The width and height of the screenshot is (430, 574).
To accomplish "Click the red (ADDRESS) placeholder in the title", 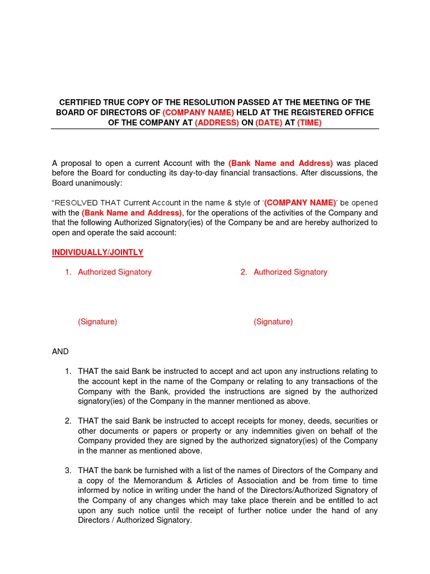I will click(217, 123).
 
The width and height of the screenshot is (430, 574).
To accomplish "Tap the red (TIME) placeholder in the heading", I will click(309, 123).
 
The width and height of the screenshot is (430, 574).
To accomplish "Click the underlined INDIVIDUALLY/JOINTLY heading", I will click(97, 253).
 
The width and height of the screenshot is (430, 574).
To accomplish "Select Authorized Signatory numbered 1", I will click(114, 272).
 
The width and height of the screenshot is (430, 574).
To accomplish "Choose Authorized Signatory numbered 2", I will click(290, 272).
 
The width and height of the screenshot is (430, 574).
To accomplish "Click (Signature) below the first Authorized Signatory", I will click(97, 322).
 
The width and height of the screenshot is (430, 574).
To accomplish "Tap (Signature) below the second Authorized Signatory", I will click(273, 322).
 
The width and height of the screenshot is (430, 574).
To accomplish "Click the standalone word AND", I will click(60, 351).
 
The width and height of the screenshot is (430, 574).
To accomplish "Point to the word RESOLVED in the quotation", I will click(76, 203).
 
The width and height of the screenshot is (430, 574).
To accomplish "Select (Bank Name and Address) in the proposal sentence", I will click(281, 163).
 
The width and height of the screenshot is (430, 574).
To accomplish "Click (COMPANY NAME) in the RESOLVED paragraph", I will click(300, 203).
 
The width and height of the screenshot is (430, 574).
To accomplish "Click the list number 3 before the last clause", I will click(68, 470).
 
